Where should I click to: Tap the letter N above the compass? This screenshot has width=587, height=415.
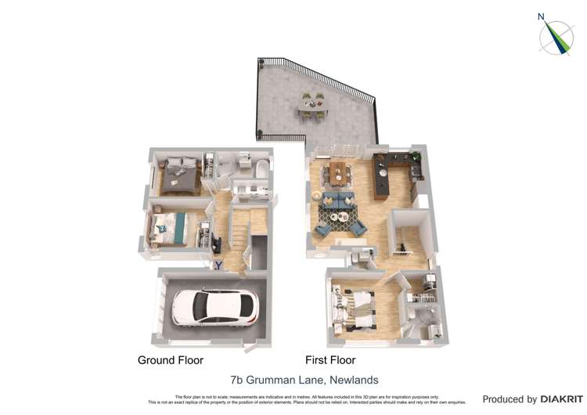click(541, 16)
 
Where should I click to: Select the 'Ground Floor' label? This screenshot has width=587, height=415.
click(171, 360)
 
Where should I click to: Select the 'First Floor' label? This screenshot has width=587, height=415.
click(330, 360)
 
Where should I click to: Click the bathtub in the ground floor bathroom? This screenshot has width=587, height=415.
click(260, 170)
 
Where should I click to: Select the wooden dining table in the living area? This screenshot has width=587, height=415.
click(340, 173)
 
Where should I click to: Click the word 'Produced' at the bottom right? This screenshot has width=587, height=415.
click(508, 399)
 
